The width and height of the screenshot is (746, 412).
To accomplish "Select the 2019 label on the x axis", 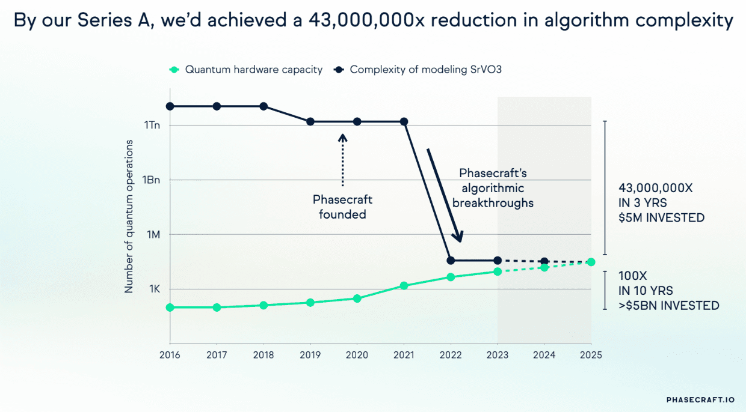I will pos(310,355).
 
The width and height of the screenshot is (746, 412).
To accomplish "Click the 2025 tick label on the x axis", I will pos(591,355).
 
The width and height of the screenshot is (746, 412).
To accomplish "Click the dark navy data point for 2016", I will pos(170,106).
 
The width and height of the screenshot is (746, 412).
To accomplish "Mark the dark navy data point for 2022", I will pos(451,261).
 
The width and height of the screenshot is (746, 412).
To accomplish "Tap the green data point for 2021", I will pos(404,286).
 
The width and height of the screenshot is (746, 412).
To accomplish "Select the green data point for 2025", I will pos(591,262).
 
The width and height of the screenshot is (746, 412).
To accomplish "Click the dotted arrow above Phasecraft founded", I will pos(342,159).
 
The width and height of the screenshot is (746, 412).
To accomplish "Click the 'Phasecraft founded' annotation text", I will pos(342,207).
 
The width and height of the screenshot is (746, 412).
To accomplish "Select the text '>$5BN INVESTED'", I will pos(669,306).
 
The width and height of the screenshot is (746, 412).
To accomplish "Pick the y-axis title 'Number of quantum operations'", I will pos(129,216).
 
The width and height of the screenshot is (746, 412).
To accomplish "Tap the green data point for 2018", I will pos(264,305).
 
